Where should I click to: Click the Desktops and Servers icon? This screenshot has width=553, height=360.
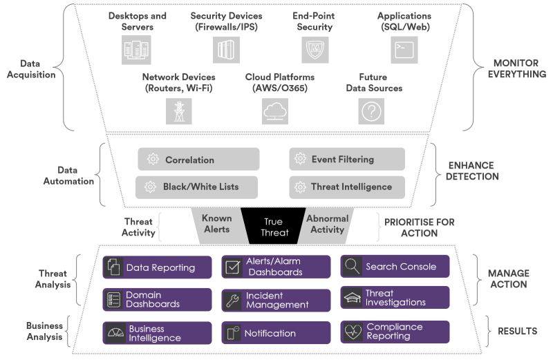(136, 50)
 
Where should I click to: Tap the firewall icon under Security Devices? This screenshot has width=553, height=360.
(226, 50)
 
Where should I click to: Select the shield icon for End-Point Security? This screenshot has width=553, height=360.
(315, 50)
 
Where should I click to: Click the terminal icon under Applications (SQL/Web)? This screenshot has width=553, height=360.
(405, 50)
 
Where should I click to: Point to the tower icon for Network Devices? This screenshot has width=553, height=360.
(178, 111)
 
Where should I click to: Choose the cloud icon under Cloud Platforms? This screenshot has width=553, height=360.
(275, 111)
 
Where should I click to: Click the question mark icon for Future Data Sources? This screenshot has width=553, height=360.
(371, 111)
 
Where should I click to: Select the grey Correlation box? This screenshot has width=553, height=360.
(198, 160)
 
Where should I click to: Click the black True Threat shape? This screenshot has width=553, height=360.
(273, 226)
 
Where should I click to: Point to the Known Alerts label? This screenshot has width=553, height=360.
(216, 224)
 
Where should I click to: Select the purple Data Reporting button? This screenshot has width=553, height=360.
(158, 267)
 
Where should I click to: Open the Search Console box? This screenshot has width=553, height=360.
(395, 267)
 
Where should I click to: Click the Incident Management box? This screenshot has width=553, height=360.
(276, 300)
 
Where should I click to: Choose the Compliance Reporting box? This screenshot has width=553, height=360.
(395, 332)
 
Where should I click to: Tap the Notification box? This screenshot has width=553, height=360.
(276, 333)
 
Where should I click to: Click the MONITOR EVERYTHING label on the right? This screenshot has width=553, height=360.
(516, 68)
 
